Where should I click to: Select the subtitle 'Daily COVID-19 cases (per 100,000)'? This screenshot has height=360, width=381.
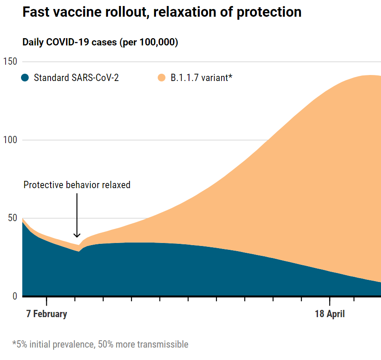pyautogui.click(x=100, y=42)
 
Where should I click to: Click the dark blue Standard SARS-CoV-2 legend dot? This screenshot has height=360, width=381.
pyautogui.click(x=25, y=78)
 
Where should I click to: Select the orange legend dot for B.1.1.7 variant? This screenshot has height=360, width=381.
pyautogui.click(x=162, y=78)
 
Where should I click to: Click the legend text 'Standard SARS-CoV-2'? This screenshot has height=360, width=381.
pyautogui.click(x=76, y=78)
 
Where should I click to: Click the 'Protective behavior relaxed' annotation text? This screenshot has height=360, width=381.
pyautogui.click(x=77, y=185)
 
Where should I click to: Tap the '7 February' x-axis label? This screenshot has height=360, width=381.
pyautogui.click(x=46, y=314)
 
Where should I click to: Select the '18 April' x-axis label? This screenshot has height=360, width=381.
pyautogui.click(x=330, y=314)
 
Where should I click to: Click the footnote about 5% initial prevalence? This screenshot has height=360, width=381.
pyautogui.click(x=100, y=344)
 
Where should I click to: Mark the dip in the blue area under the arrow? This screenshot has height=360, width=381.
pyautogui.click(x=79, y=251)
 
